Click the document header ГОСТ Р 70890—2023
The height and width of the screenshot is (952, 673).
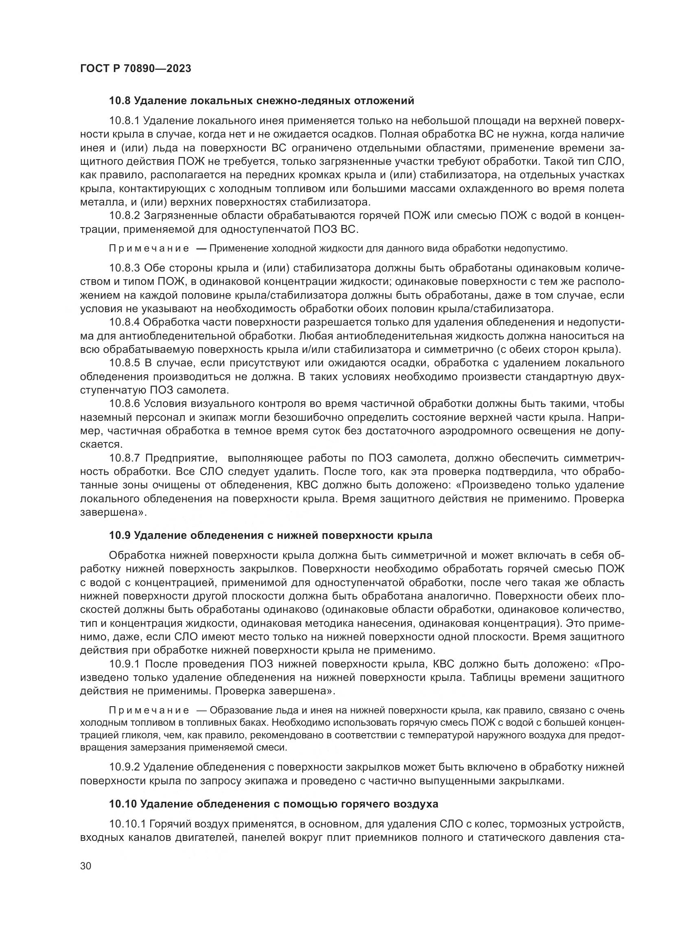click(x=135, y=69)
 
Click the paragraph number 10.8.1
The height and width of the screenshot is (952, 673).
click(x=125, y=121)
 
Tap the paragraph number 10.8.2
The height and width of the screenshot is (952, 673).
click(x=125, y=216)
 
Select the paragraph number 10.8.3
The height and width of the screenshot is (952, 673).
click(x=125, y=269)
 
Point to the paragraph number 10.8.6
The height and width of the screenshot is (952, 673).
click(x=125, y=403)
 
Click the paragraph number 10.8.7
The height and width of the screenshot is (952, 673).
click(x=125, y=458)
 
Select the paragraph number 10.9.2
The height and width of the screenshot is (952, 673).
click(x=125, y=768)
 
